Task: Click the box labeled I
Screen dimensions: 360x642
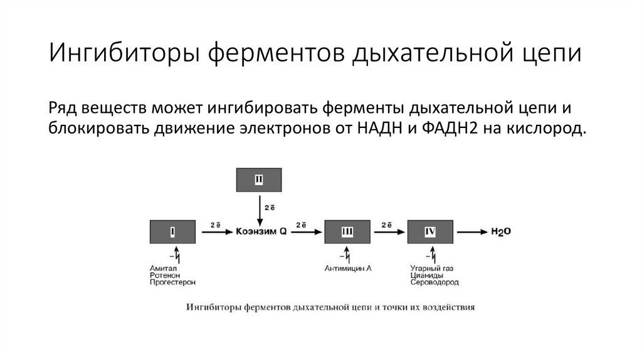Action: click(172, 232)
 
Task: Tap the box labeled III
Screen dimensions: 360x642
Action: click(347, 232)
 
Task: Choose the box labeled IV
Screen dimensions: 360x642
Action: click(430, 232)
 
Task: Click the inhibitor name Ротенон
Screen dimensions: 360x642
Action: click(164, 275)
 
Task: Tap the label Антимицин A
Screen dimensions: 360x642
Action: click(349, 268)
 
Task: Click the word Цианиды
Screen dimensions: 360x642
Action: click(426, 275)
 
